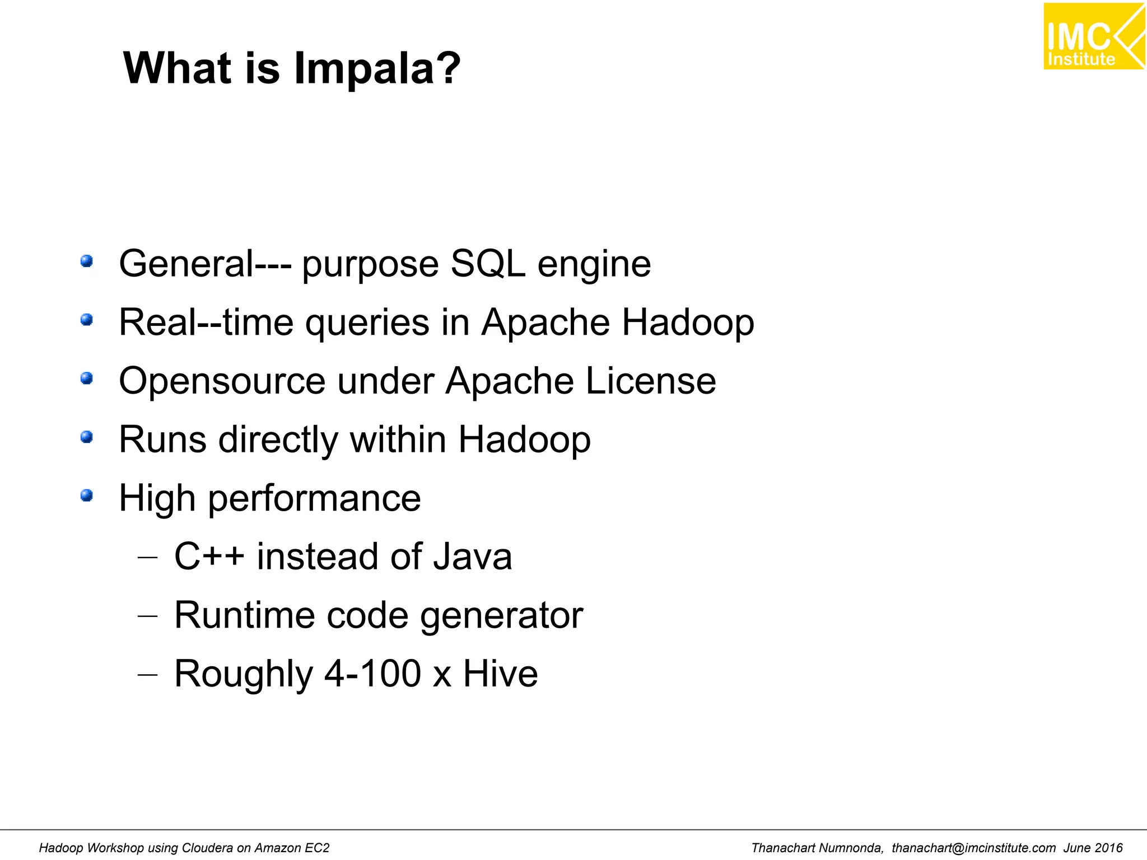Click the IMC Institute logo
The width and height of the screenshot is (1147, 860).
coord(1093,36)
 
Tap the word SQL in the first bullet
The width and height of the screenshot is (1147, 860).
coord(488,264)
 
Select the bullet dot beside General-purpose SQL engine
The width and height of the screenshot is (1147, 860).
coord(86,261)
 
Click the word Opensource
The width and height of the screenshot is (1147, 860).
coord(222,381)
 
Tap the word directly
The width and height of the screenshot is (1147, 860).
coord(278,440)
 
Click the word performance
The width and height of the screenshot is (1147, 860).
coord(314,498)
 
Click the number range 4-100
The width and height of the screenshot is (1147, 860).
coord(373,674)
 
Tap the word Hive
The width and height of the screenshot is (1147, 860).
coord(500,674)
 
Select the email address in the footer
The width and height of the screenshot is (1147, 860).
coord(973,848)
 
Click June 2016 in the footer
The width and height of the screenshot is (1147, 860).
coord(1093,848)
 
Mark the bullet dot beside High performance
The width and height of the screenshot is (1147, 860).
coord(86,496)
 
